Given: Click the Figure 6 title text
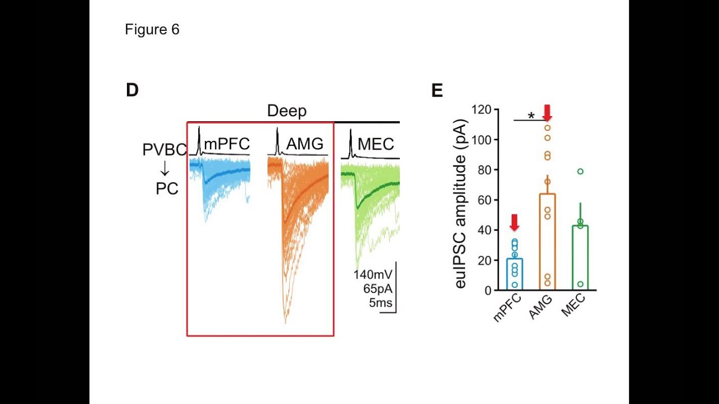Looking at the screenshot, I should pos(152,30).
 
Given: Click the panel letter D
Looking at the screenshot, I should pos(132,90).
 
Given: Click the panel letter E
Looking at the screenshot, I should pos(437,91).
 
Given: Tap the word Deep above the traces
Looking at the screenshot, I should pos(286,111).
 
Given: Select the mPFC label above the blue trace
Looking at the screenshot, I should pos(226,144).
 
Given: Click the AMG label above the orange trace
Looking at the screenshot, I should pos(304,144).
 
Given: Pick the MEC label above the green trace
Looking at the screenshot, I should pos(376,144).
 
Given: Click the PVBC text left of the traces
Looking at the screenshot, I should pos(164,150).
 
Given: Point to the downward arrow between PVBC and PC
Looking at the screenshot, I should pos(165,169).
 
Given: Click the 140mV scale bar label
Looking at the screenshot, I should pos(372,275).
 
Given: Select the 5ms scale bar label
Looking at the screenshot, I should pos(380,304).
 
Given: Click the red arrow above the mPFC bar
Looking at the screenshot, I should pos(515,223).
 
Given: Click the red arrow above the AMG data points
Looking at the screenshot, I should pos(547,112).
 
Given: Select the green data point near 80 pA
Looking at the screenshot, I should pos(580,172).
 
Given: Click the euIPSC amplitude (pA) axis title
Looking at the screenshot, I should pos(461,204).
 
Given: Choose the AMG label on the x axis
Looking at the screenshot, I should pos(540,307).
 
